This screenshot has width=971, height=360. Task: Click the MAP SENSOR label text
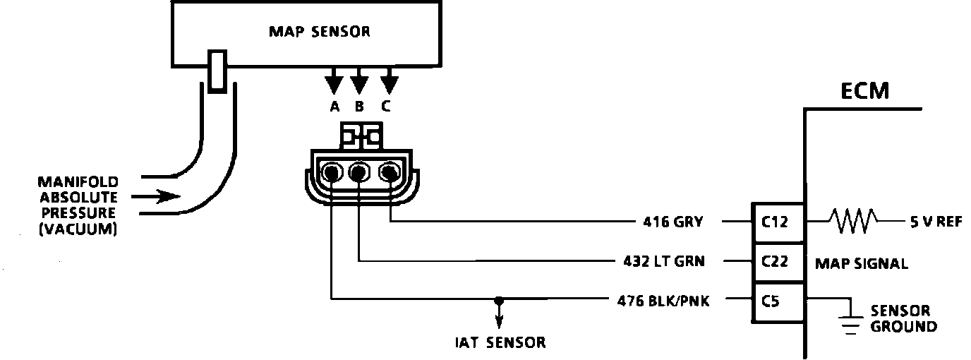coord(320,32)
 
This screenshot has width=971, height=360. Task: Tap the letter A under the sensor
coord(334,107)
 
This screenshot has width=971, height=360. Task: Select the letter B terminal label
coord(359,107)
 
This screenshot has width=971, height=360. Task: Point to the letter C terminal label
coord(386,107)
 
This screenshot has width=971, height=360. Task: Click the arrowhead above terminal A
coord(334,85)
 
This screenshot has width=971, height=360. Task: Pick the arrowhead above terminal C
coord(390,85)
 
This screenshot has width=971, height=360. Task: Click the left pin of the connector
coord(332,173)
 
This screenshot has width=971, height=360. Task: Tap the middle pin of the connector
coord(358,173)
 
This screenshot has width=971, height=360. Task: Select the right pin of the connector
coord(389,173)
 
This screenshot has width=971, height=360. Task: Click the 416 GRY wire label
coord(673,222)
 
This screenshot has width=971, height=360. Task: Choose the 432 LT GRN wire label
coord(664,261)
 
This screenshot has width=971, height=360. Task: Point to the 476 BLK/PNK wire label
coord(663,301)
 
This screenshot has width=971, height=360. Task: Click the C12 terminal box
coord(778,222)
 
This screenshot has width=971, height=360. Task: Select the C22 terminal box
coord(778,262)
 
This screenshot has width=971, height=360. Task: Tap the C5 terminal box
coord(778,302)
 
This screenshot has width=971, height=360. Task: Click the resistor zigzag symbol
coord(854,221)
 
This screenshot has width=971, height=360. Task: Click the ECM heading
coord(865,91)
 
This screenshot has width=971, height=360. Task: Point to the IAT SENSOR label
coord(500,342)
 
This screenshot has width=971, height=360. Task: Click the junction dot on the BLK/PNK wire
coord(499,300)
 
